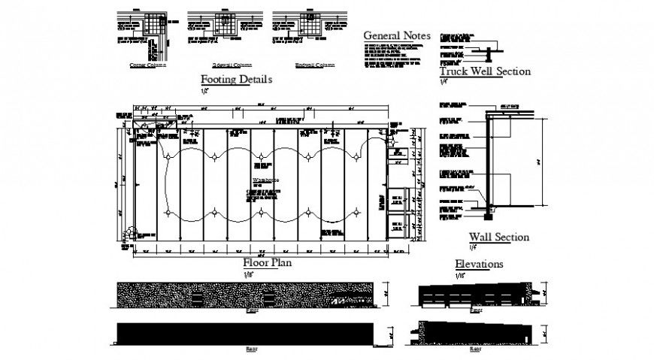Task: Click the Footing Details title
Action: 235,79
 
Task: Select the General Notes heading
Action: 396,35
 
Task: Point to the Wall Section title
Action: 498,237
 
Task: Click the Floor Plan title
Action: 267,263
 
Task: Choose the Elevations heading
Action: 479,264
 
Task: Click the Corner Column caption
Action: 147,65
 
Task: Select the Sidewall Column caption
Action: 231,65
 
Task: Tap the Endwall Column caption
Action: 314,65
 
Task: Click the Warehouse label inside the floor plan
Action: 264,181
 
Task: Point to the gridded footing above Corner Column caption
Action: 154,25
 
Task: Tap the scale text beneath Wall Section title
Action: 474,247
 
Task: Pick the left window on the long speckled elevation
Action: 197,299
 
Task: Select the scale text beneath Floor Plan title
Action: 248,274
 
